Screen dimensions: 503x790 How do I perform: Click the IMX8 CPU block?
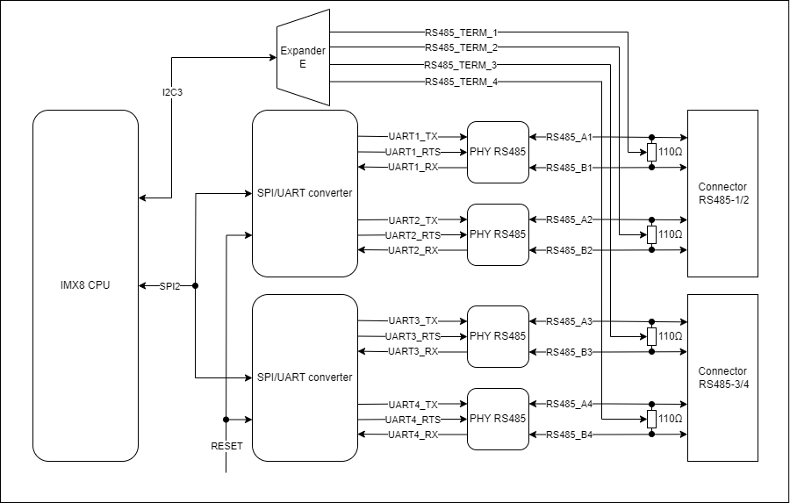coord(85,285)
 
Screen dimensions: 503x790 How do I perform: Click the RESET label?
coord(226,446)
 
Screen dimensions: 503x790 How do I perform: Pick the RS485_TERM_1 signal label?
coord(461,32)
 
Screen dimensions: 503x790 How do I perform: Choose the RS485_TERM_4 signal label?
coord(461,82)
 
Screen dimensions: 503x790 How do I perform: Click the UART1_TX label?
coord(413,137)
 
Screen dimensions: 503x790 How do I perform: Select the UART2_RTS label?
coord(413,235)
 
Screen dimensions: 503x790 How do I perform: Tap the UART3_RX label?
coord(413,352)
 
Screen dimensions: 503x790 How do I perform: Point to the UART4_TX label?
coord(413,405)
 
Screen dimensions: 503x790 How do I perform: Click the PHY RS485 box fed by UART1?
coord(498,152)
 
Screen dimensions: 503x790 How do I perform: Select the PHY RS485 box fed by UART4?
coord(498,419)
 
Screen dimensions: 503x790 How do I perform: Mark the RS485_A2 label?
coord(570,219)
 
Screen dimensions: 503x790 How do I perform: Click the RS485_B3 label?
coord(570,352)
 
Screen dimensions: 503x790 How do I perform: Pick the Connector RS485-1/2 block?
coord(722,193)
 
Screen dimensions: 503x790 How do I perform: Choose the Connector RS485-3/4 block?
coord(722,377)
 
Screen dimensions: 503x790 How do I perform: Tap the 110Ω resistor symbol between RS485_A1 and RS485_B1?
coord(651,152)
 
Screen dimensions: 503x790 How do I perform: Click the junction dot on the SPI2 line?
coord(195,286)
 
